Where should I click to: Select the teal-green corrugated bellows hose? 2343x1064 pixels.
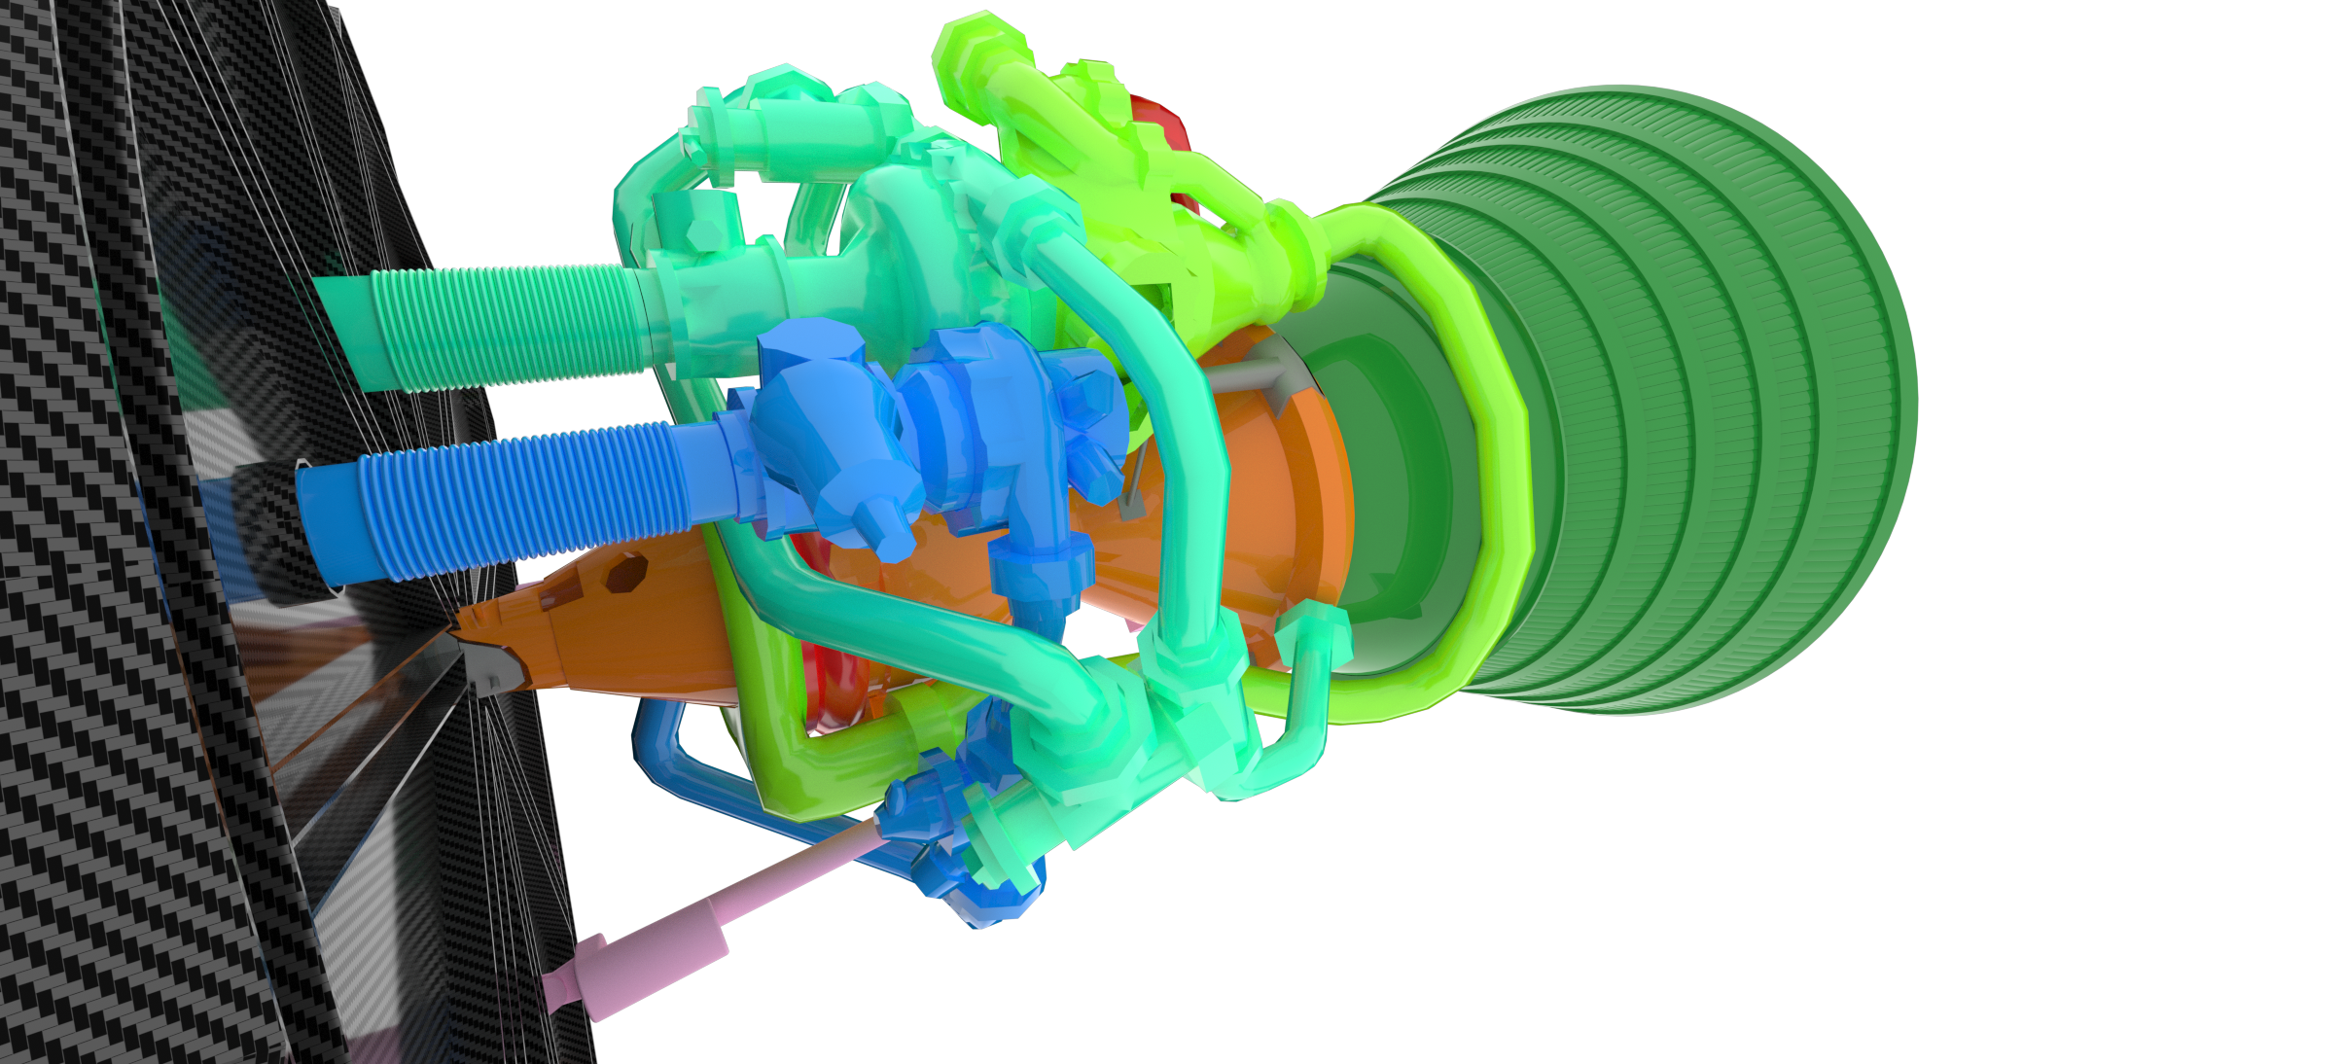(506, 326)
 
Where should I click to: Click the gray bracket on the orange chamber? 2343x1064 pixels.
(1255, 374)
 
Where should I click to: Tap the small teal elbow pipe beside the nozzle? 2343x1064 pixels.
(1308, 681)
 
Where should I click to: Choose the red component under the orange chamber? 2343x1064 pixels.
(827, 681)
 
